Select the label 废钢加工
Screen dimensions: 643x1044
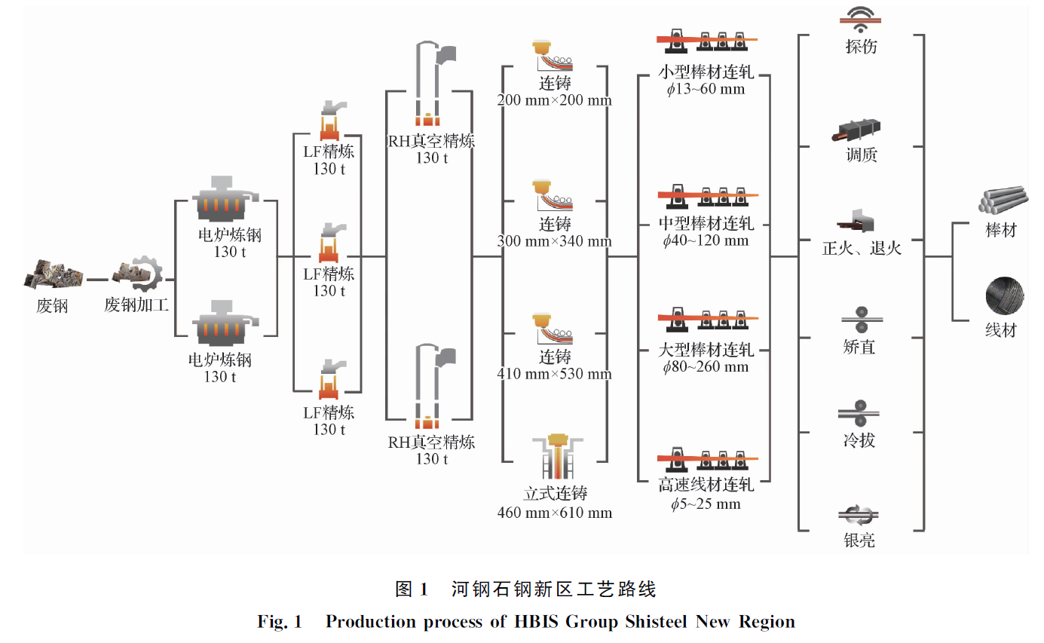tap(136, 305)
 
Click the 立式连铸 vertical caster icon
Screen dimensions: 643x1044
tap(556, 458)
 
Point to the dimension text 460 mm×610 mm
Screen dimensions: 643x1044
tap(555, 513)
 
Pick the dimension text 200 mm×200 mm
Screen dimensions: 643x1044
tap(555, 100)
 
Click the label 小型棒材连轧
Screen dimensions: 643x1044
tap(706, 73)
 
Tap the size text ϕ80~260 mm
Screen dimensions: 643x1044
tap(706, 367)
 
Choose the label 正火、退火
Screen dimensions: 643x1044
tap(861, 247)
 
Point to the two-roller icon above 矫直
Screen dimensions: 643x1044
tap(861, 318)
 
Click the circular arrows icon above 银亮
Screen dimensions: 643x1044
tap(860, 516)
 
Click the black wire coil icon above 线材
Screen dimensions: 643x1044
tap(1004, 295)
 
